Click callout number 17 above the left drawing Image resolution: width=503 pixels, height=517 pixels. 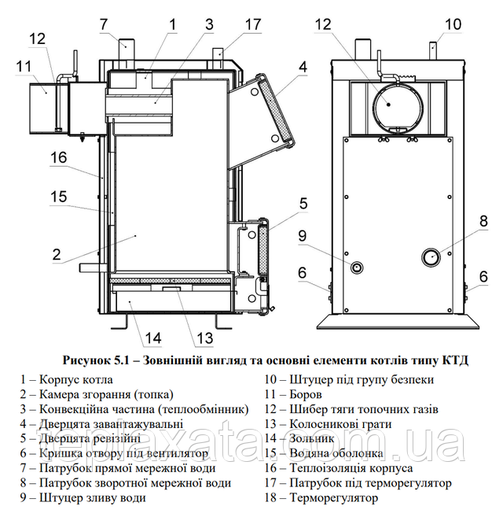tap(253, 24)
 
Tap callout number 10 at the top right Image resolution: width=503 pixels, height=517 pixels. tap(453, 24)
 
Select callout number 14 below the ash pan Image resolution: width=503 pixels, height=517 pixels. tap(152, 338)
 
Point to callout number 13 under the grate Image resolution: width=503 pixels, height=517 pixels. tap(204, 338)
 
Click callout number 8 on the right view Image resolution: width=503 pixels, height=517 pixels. tap(483, 221)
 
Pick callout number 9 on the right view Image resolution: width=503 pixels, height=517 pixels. tap(302, 236)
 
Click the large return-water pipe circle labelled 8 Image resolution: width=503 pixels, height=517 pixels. tap(431, 257)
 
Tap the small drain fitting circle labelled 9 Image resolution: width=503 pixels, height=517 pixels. tap(357, 267)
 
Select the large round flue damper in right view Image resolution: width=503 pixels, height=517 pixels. tap(398, 106)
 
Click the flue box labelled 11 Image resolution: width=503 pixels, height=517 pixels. tap(42, 108)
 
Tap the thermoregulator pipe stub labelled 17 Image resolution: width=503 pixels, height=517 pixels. tap(218, 58)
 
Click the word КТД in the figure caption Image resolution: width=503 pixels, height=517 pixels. tap(454, 360)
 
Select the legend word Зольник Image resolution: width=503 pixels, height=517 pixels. tap(311, 438)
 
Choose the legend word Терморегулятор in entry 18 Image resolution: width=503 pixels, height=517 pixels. tap(333, 498)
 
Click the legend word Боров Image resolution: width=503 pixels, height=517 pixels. tap(306, 394)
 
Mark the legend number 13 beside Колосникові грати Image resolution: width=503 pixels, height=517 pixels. tap(271, 424)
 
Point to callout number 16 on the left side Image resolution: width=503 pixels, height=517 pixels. tap(58, 157)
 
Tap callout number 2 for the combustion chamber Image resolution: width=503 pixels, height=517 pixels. tap(57, 254)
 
